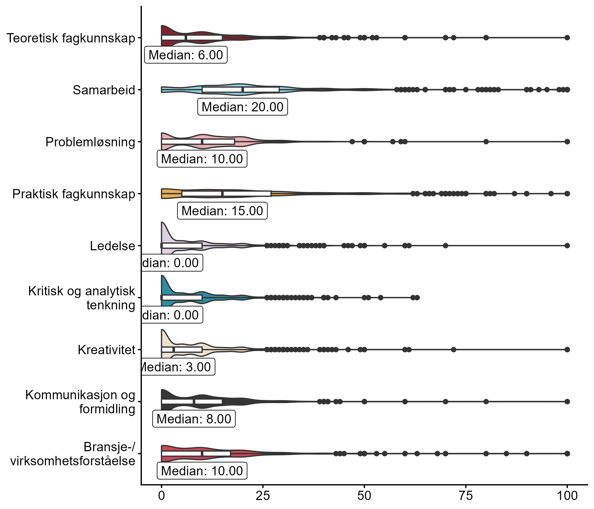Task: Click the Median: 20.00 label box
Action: pyautogui.click(x=243, y=107)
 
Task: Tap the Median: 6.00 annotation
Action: pyautogui.click(x=186, y=55)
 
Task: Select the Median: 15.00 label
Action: pyautogui.click(x=222, y=211)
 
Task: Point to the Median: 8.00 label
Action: pyautogui.click(x=194, y=419)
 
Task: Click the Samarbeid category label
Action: pyautogui.click(x=104, y=90)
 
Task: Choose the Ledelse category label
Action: pyautogui.click(x=112, y=246)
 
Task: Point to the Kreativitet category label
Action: pyautogui.click(x=106, y=350)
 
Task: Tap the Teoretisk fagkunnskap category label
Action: pyautogui.click(x=71, y=38)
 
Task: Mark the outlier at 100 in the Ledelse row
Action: pyautogui.click(x=567, y=245)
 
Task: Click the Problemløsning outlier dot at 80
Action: pyautogui.click(x=486, y=142)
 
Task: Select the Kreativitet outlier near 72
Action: pyautogui.click(x=453, y=349)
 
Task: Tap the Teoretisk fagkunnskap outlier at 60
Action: pyautogui.click(x=405, y=38)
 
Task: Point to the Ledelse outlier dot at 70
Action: pyautogui.click(x=445, y=245)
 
